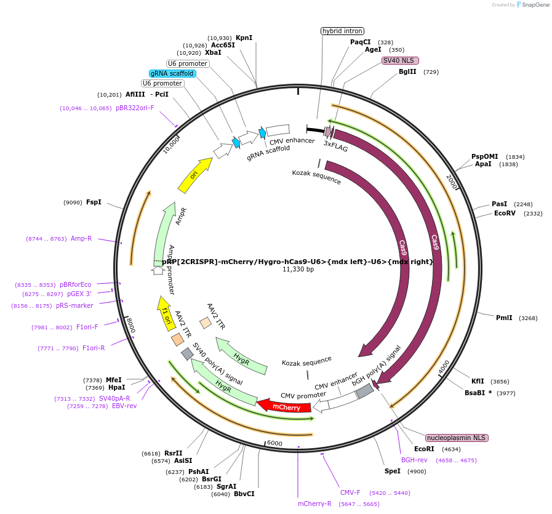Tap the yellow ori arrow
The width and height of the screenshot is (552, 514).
[194, 175]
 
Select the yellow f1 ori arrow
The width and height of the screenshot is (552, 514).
[164, 311]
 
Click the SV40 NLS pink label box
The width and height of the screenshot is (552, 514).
[400, 60]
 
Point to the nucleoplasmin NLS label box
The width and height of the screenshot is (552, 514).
[457, 438]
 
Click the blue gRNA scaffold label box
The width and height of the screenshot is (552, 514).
[172, 73]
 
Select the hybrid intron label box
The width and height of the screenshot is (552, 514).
[342, 31]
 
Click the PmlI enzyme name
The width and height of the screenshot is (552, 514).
[504, 318]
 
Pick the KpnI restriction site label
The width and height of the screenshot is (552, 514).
[244, 38]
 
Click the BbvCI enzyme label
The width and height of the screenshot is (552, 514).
[244, 494]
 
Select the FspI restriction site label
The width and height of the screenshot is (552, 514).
[94, 202]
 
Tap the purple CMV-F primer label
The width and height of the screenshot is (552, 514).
[350, 492]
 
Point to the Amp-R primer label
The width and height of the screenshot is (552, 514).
[81, 238]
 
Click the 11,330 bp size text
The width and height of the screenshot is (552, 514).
[298, 270]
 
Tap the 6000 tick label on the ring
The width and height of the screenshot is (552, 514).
[274, 443]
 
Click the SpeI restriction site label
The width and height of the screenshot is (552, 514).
[392, 471]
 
